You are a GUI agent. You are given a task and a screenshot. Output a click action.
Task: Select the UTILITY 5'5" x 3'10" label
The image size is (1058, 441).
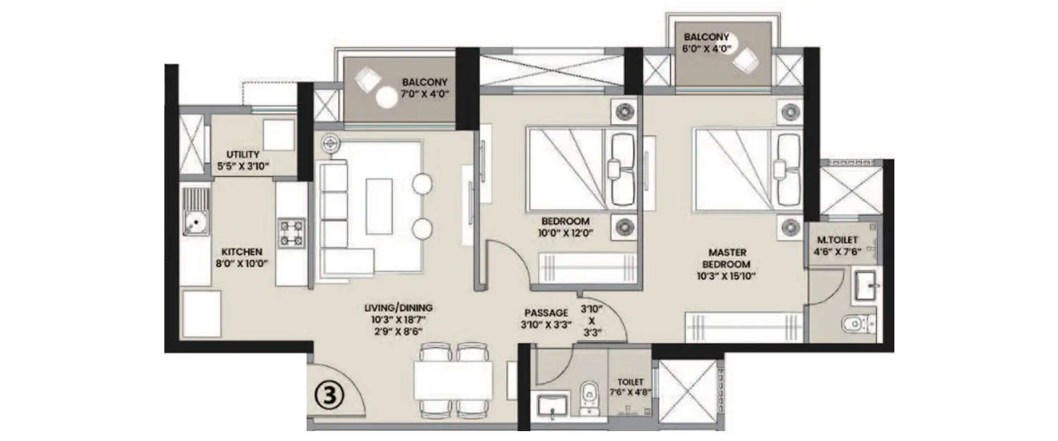(x=243, y=161)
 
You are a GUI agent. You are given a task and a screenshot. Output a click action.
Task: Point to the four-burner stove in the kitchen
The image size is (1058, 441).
(x=291, y=233)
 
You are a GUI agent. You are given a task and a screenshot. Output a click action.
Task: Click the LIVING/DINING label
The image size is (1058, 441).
(x=399, y=308)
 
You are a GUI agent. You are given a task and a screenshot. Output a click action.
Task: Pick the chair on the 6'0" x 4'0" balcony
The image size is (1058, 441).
(x=745, y=62)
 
